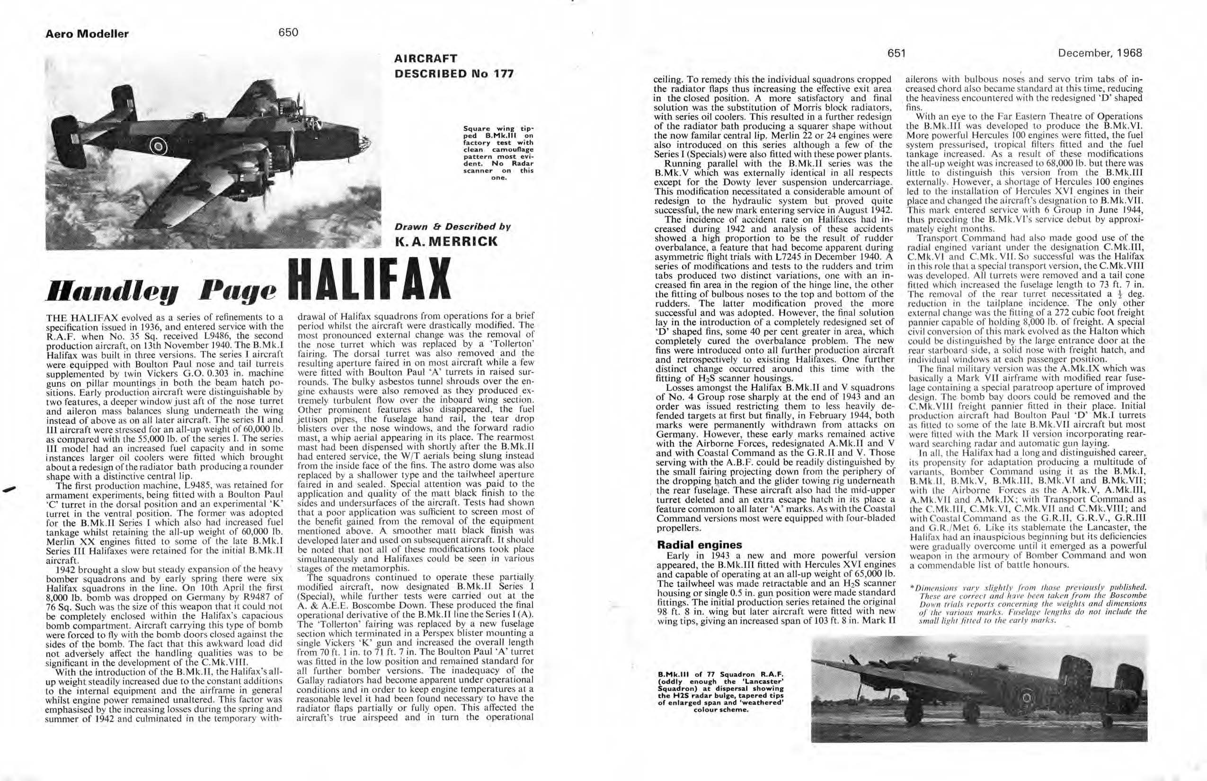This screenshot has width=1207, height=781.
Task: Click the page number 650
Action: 288,33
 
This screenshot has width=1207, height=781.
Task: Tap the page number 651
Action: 896,53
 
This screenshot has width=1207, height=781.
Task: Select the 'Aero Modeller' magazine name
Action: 87,34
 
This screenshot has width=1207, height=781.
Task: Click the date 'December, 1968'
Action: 1100,53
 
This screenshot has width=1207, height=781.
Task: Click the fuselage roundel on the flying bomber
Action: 159,147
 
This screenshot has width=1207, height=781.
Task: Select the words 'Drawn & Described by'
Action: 452,227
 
